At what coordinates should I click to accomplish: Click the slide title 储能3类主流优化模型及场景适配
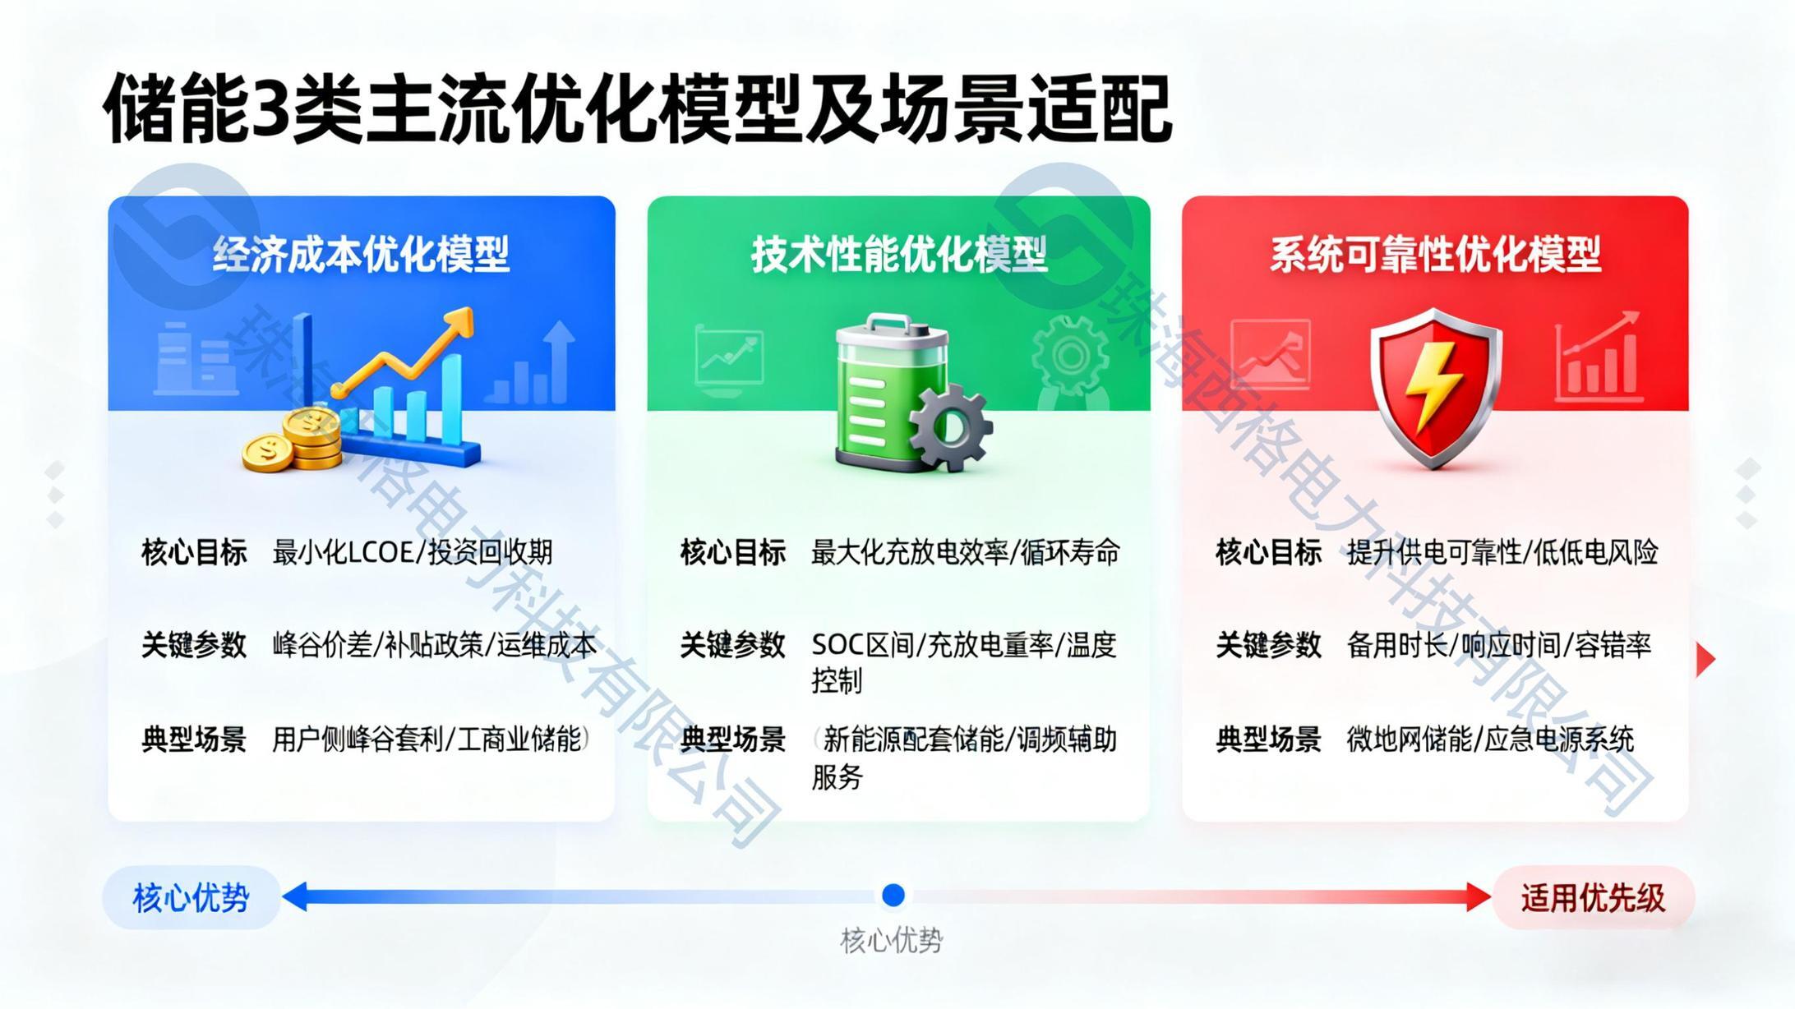(638, 109)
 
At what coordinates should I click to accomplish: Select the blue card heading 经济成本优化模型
(362, 254)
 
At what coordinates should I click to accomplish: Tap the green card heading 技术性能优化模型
(899, 254)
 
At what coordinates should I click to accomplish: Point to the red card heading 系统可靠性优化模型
(1435, 254)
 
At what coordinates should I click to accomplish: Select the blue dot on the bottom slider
(893, 895)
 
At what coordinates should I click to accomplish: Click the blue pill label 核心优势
(191, 897)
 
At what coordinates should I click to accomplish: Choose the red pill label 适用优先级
(1593, 897)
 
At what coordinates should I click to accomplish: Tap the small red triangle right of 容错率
(1705, 659)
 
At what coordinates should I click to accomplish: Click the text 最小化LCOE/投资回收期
(413, 552)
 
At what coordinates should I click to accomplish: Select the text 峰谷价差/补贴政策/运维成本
(435, 645)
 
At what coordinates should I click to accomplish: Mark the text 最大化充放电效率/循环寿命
(966, 552)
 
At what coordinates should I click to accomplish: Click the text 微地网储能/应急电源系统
(1490, 739)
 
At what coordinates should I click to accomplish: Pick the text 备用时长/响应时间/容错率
(1499, 645)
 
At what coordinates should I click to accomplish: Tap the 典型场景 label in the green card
(733, 739)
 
